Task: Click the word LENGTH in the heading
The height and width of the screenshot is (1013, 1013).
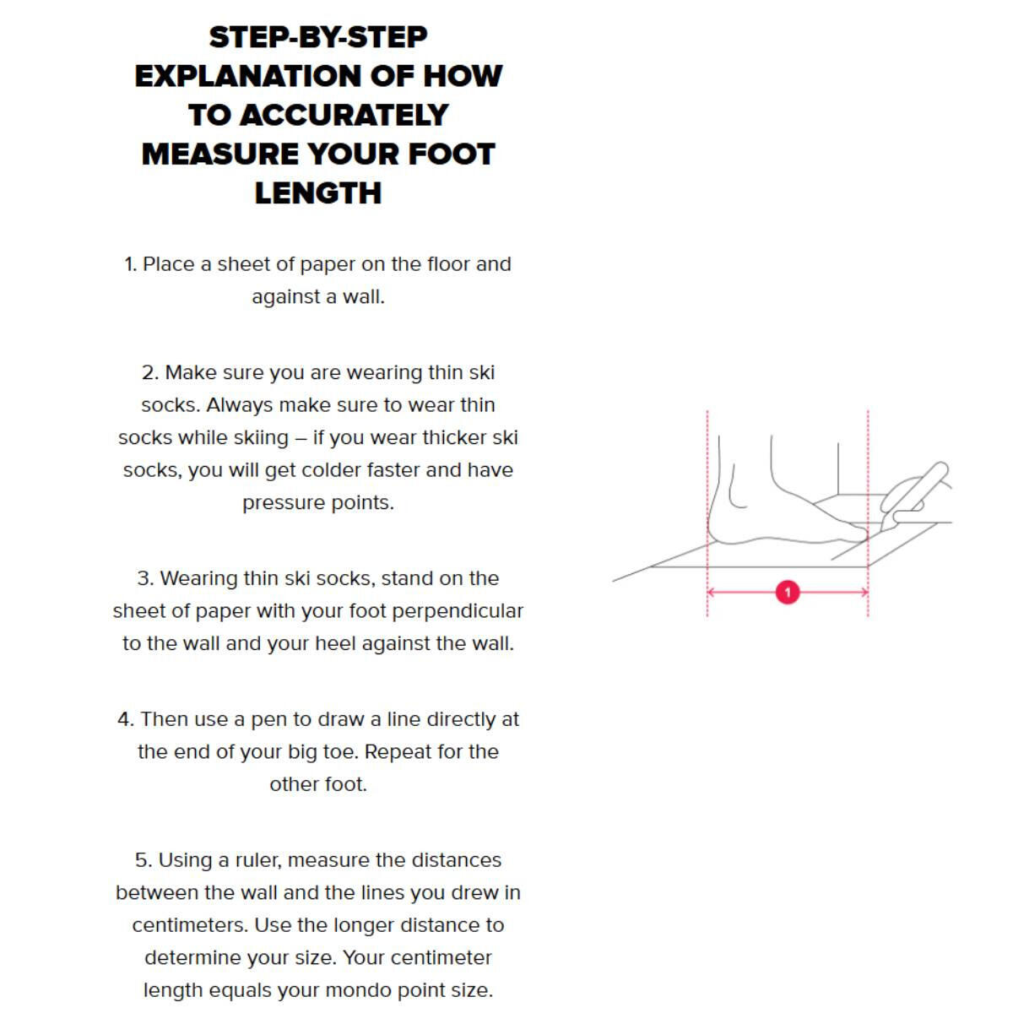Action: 318,193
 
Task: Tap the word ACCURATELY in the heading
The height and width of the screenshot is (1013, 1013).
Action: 344,115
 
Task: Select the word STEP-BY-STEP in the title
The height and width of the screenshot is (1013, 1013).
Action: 318,37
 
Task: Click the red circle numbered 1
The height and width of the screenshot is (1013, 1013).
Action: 787,593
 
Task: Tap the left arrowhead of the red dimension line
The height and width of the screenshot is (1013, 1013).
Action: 712,593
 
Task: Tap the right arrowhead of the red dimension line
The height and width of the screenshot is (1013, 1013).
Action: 864,593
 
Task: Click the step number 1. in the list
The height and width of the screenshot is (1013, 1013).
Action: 130,264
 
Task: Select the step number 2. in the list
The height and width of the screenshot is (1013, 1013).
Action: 149,373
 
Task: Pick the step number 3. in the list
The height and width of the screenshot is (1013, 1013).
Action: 145,578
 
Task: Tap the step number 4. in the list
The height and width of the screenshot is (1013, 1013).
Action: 125,719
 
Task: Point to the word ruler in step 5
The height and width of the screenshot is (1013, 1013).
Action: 254,860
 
